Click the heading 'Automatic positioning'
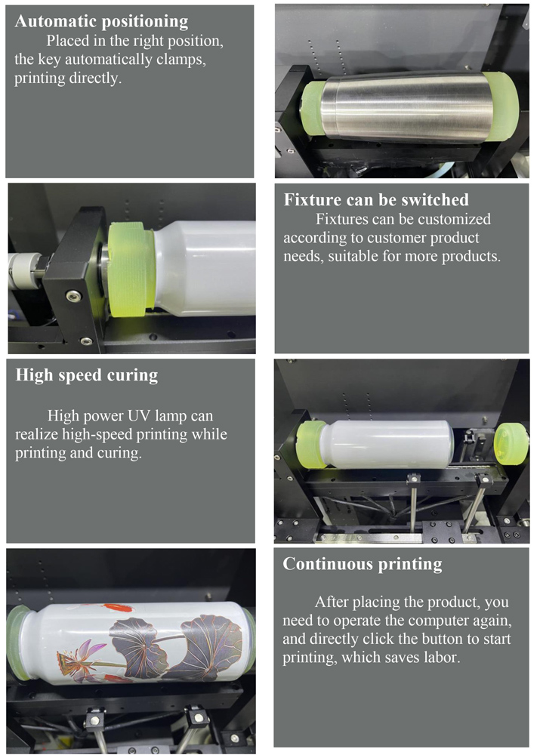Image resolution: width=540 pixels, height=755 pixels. (x=101, y=22)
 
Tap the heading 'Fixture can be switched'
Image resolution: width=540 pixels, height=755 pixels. (x=376, y=199)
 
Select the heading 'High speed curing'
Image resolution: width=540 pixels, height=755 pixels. (x=87, y=375)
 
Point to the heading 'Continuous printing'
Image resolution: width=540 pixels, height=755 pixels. (x=363, y=564)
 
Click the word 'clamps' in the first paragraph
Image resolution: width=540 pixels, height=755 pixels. (x=181, y=60)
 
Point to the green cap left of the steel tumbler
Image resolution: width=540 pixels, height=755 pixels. (x=312, y=107)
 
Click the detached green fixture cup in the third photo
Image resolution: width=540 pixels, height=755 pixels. (x=511, y=443)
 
